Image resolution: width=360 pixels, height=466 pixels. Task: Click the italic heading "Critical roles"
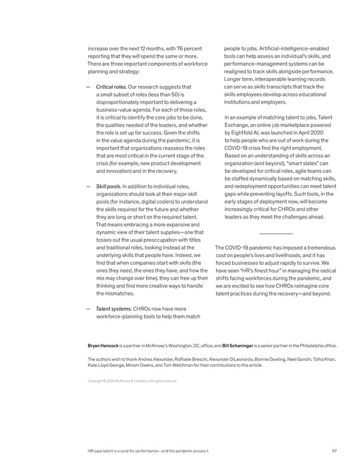110,87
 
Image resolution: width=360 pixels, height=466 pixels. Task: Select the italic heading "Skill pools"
109,186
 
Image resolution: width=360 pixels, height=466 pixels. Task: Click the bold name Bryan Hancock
104,346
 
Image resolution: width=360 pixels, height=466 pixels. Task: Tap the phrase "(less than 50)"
163,94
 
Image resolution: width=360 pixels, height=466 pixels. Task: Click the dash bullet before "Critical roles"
88,88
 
